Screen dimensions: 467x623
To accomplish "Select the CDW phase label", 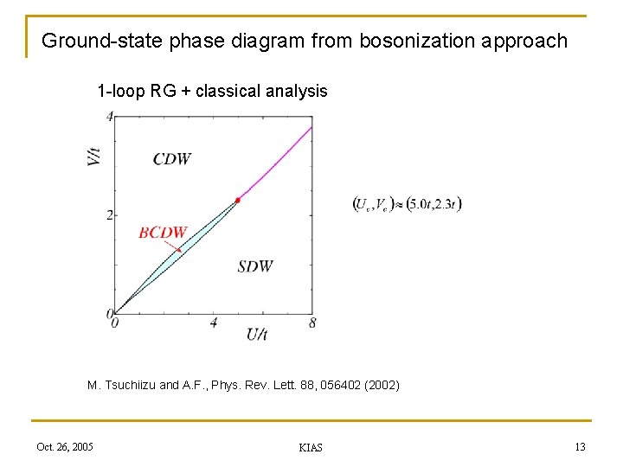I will (171, 158).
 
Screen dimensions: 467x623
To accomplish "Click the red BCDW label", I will (163, 232).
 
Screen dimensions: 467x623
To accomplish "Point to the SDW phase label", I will (255, 266).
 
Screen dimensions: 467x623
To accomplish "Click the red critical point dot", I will (238, 199).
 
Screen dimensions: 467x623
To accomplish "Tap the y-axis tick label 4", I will (110, 116).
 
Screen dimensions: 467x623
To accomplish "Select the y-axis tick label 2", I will (110, 214).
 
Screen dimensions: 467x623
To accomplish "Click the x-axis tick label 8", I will (311, 323).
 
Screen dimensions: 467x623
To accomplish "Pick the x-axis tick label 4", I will (214, 323).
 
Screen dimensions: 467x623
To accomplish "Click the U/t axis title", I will (257, 334).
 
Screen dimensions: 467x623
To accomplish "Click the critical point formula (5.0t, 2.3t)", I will (408, 204).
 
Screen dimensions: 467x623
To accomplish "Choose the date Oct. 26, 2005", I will (65, 446).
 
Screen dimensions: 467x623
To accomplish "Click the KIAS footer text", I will (310, 447).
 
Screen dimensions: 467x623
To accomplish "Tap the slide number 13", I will (580, 446).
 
